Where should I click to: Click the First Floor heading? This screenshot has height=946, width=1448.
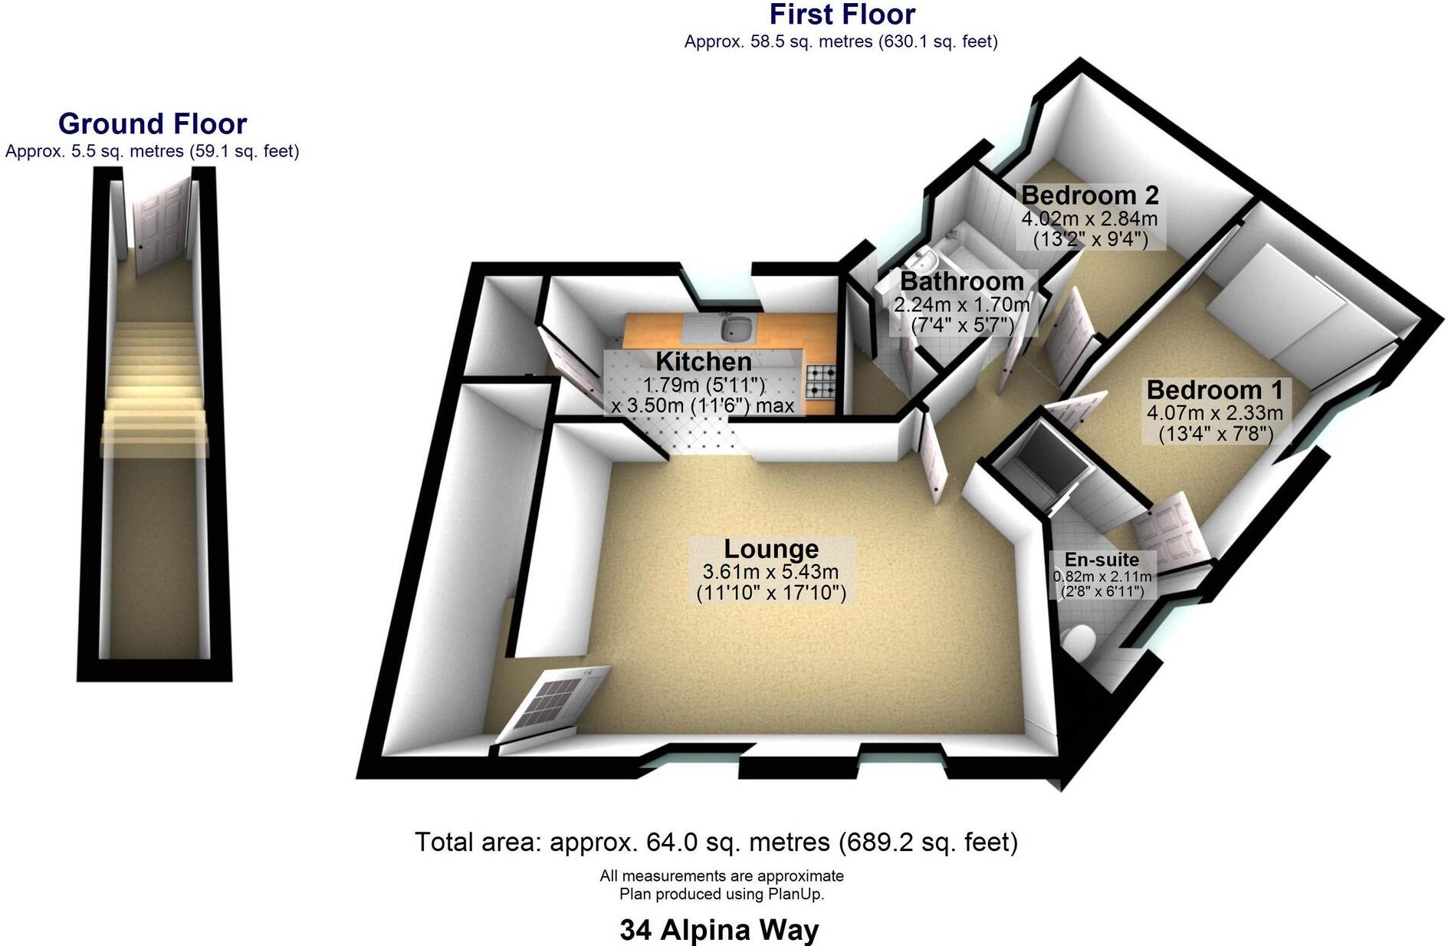coord(842,15)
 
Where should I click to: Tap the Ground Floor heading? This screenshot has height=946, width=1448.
coord(153,124)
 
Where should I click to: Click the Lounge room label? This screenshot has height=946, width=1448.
coord(771,549)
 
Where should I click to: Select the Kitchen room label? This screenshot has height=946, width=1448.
coord(703,361)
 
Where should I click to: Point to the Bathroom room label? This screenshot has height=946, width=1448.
coord(961,281)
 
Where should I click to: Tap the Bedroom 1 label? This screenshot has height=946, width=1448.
coord(1214,389)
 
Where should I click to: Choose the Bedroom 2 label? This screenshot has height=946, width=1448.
coord(1089,195)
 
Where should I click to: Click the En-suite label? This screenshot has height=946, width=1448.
coord(1102,560)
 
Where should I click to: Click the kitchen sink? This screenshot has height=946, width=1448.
coord(738,329)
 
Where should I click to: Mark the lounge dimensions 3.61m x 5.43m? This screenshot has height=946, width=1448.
coord(770,572)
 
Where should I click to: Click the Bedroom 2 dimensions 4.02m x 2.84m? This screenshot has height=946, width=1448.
coord(1089,218)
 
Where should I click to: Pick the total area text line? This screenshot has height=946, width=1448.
coord(716,843)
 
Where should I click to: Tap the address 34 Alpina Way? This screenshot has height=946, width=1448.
coord(719,930)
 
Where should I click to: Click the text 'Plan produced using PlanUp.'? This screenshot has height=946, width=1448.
coord(721,894)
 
